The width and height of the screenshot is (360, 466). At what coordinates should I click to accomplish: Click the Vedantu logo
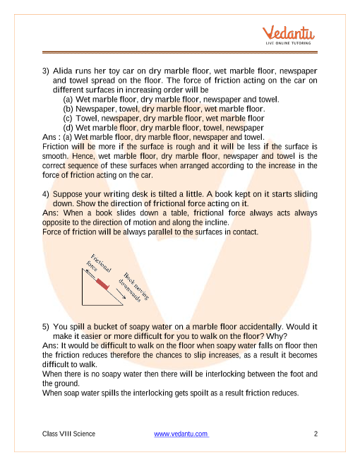point(288,35)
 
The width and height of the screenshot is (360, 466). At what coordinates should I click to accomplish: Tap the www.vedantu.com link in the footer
point(181,434)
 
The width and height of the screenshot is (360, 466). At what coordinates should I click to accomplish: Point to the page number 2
point(316,434)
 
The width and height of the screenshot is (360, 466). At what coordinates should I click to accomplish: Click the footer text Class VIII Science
point(68,434)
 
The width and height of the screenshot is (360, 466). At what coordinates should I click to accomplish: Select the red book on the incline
point(103,284)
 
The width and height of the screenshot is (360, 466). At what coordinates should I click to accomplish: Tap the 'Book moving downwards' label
point(133,287)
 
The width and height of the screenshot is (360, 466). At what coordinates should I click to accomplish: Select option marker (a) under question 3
point(68,100)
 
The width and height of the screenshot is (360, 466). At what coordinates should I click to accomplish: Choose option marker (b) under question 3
point(68,109)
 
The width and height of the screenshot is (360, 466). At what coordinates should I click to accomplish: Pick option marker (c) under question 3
point(68,119)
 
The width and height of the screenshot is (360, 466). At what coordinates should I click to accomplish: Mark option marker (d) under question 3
point(68,128)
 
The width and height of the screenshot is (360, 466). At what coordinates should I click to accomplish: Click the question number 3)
point(45,71)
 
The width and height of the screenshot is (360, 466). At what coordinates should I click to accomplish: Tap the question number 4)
point(45,194)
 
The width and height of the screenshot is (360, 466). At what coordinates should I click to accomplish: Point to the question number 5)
point(45,327)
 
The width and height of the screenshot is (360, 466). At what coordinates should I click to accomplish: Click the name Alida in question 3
point(62,71)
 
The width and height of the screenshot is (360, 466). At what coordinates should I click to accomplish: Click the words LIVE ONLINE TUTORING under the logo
point(288,43)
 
